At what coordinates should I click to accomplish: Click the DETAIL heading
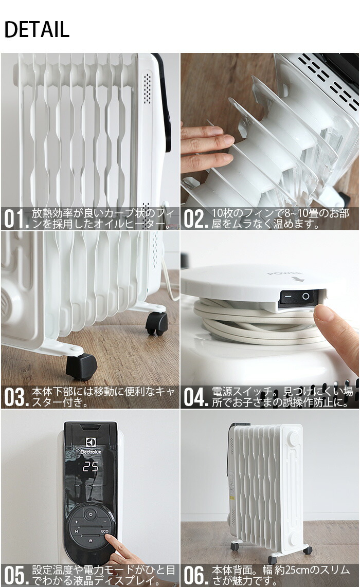tap(37, 30)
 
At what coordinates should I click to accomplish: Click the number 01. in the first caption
tap(16, 219)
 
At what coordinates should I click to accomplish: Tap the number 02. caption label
tap(195, 219)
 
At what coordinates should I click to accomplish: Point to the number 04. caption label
tap(195, 397)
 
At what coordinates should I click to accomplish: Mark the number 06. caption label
tap(195, 576)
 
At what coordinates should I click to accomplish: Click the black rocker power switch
tap(298, 297)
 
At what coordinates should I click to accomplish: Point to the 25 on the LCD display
tap(91, 467)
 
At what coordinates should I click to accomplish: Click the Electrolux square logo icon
tap(91, 443)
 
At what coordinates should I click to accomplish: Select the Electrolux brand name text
tap(91, 452)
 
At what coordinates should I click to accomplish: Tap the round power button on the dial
tap(91, 514)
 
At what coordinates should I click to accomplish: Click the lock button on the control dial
tap(91, 541)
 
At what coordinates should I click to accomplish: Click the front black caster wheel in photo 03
tap(81, 366)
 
